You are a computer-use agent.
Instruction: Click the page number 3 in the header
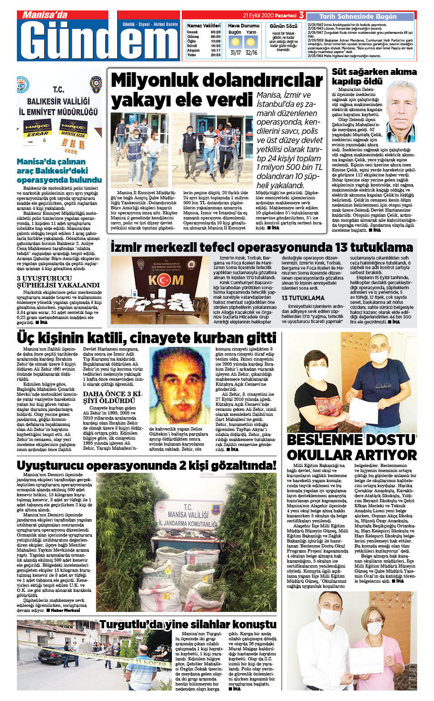[x=302, y=15]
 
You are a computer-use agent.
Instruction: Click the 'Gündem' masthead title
[x=100, y=40]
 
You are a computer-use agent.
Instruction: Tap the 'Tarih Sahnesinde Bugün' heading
[x=358, y=16]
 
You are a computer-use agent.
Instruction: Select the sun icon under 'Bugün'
[x=235, y=42]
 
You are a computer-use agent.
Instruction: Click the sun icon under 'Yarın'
[x=251, y=42]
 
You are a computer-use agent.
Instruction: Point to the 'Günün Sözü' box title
[x=283, y=26]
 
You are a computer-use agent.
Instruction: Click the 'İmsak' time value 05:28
[x=216, y=32]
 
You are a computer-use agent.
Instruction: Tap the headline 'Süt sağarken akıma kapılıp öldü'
[x=374, y=76]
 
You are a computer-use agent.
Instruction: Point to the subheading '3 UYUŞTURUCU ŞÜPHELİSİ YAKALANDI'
[x=58, y=281]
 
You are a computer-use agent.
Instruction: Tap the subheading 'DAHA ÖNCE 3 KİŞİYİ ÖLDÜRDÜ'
[x=112, y=397]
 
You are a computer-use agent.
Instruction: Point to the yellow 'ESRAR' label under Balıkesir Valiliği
[x=37, y=134]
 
